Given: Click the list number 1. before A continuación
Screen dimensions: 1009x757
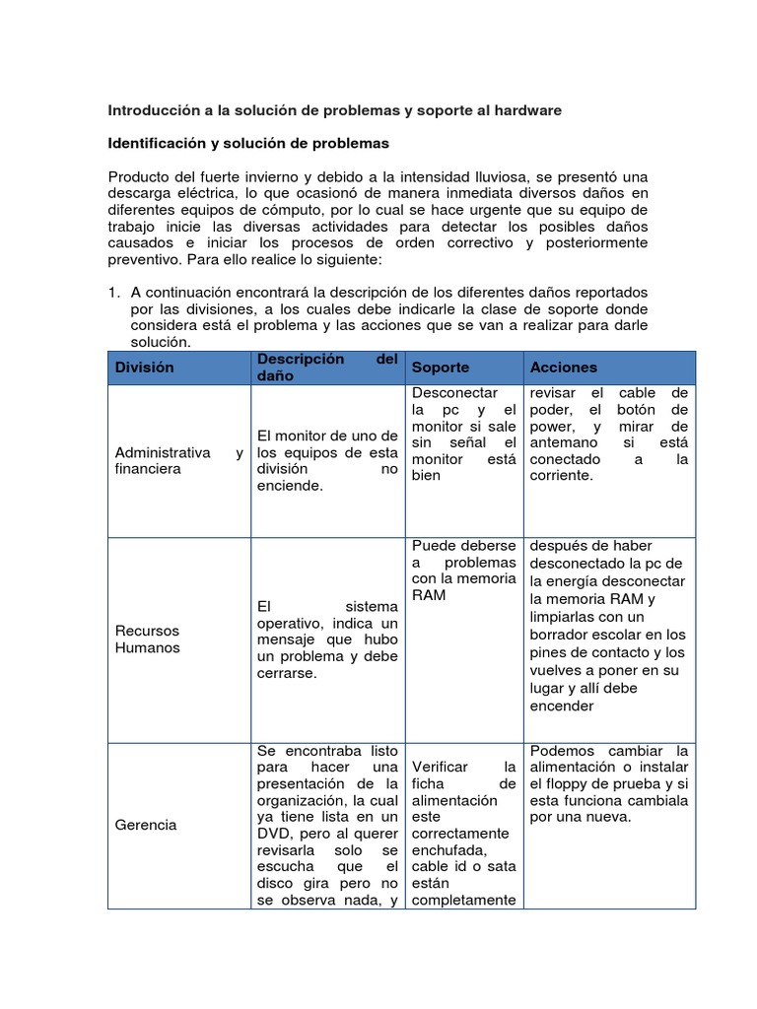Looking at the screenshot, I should coord(114,293).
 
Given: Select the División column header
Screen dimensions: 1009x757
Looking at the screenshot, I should coord(144,368).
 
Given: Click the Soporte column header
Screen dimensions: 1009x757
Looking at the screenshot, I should coord(441,368).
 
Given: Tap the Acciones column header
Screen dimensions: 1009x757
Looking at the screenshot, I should coord(564,368).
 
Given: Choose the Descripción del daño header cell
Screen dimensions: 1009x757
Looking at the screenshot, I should coord(326,368).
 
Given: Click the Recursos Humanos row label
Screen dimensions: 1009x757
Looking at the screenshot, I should coord(148,639).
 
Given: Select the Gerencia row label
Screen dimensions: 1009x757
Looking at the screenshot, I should coord(146,824).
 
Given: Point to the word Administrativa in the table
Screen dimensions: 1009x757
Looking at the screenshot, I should coord(163,452).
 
